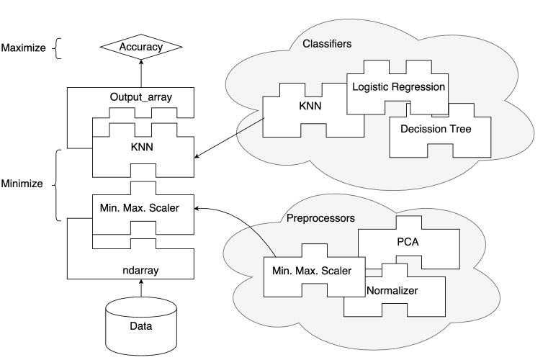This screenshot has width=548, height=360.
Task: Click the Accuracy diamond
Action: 142,48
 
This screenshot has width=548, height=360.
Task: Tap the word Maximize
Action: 23,48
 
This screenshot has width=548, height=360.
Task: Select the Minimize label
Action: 22,184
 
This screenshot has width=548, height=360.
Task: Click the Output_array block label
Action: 142,96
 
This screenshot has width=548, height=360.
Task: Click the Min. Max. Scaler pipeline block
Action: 142,208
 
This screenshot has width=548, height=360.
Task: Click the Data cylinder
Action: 142,325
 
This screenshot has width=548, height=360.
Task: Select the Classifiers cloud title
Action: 327,44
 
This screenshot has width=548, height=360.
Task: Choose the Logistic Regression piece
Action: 397,87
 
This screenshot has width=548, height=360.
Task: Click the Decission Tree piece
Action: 431,130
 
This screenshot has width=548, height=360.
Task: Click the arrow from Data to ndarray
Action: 142,287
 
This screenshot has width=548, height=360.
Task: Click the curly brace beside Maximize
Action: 58,48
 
